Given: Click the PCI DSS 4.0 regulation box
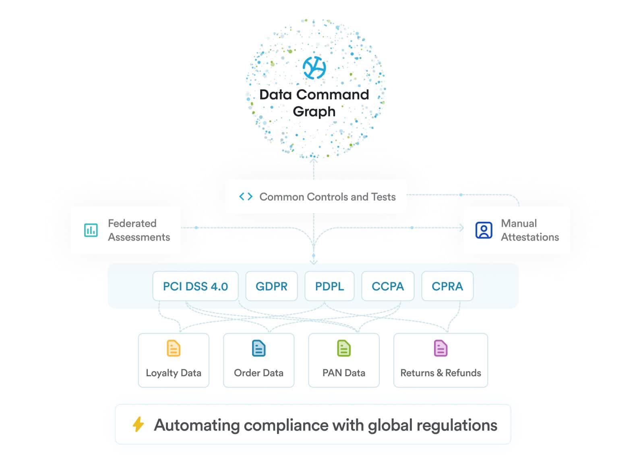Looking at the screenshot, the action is pyautogui.click(x=195, y=286).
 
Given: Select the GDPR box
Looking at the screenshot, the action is pyautogui.click(x=271, y=286).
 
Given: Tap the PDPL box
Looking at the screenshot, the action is pyautogui.click(x=329, y=286).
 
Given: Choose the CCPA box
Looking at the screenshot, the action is pyautogui.click(x=388, y=286).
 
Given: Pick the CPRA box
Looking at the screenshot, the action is pyautogui.click(x=447, y=286).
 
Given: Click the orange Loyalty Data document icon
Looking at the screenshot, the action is pyautogui.click(x=174, y=348).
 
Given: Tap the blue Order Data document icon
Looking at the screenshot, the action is pyautogui.click(x=258, y=348).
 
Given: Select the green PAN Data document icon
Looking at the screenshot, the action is pyautogui.click(x=344, y=348).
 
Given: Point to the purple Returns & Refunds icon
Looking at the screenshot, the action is pyautogui.click(x=440, y=348).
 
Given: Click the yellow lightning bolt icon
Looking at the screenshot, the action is pyautogui.click(x=138, y=424).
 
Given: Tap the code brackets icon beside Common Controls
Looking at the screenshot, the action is pyautogui.click(x=246, y=197).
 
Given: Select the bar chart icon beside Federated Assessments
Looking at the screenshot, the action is pyautogui.click(x=91, y=230).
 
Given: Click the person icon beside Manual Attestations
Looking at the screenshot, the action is pyautogui.click(x=484, y=230).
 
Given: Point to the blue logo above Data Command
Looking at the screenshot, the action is pyautogui.click(x=314, y=68).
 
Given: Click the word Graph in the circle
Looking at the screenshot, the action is pyautogui.click(x=314, y=112).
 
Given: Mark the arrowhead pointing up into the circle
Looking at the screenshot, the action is pyautogui.click(x=314, y=161).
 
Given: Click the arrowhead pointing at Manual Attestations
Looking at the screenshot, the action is pyautogui.click(x=461, y=228).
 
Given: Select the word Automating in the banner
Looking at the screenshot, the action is pyautogui.click(x=197, y=425).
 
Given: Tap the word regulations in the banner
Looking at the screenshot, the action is pyautogui.click(x=457, y=425).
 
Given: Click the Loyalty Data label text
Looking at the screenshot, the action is pyautogui.click(x=174, y=373).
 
